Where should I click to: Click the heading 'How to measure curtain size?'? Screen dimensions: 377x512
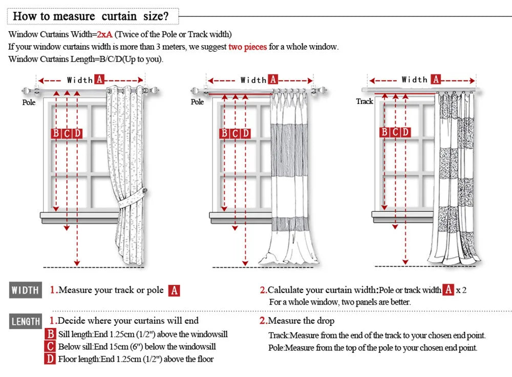91,16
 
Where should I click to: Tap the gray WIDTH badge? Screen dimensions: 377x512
25,290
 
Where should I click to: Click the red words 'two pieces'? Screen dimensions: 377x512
247,47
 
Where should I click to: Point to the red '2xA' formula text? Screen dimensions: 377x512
104,34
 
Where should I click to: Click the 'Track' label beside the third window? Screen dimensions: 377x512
365,101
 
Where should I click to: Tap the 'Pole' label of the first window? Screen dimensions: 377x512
29,102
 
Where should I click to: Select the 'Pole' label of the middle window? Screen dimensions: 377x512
198,102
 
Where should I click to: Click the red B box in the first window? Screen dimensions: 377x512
56,134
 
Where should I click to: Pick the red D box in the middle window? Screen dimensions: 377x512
246,134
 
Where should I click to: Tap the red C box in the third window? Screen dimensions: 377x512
395,133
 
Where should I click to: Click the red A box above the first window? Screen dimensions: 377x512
99,79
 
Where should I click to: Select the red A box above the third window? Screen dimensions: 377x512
436,79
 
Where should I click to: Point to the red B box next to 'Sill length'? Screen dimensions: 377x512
50,334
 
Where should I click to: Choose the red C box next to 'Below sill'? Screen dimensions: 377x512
50,347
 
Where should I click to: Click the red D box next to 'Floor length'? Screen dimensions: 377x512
50,359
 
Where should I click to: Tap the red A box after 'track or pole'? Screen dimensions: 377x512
175,290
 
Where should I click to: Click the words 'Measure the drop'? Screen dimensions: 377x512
301,321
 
